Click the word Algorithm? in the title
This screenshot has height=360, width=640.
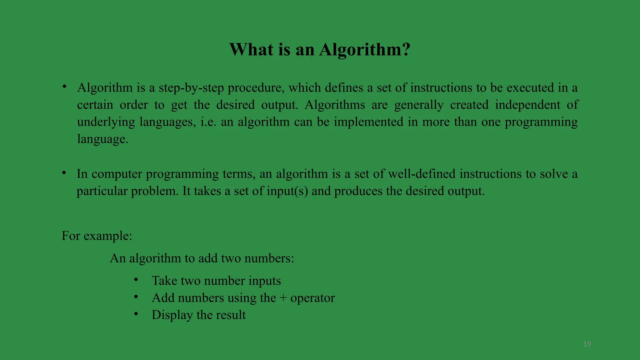pyautogui.click(x=364, y=50)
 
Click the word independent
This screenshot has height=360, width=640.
pyautogui.click(x=527, y=105)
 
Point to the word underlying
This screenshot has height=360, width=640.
pyautogui.click(x=106, y=122)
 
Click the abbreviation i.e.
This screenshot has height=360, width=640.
pyautogui.click(x=208, y=122)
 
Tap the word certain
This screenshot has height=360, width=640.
pyautogui.click(x=95, y=105)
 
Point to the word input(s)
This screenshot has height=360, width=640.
pyautogui.click(x=287, y=191)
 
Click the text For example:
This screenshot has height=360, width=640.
pyautogui.click(x=97, y=236)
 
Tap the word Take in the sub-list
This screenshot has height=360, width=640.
pyautogui.click(x=164, y=281)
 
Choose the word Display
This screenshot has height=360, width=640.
pyautogui.click(x=172, y=315)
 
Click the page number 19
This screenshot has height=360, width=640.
pyautogui.click(x=587, y=344)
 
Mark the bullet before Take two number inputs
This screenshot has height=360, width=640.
pyautogui.click(x=136, y=280)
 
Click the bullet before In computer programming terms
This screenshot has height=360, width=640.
pyautogui.click(x=64, y=173)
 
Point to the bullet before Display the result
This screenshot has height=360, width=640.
pyautogui.click(x=136, y=314)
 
